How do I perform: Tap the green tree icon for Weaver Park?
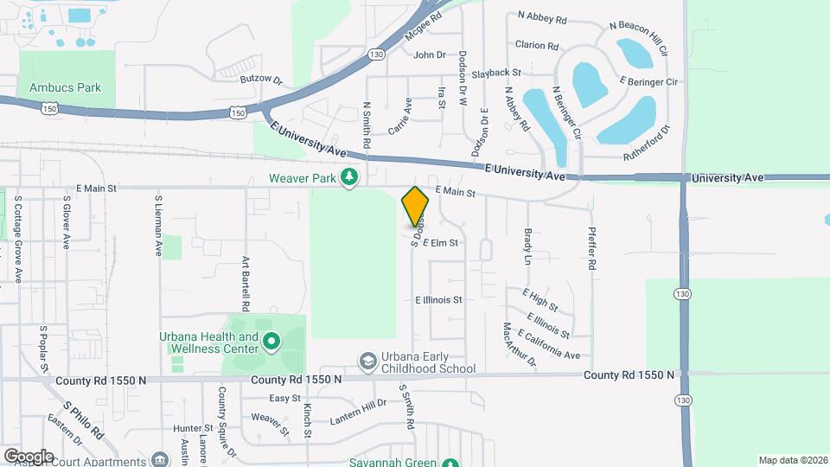pos(349,177)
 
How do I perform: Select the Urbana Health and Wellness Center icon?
pos(271,342)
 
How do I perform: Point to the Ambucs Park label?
pos(66,87)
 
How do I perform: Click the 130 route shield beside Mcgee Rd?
pos(375,54)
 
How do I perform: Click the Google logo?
pos(28,456)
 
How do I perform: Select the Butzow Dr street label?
pos(262,80)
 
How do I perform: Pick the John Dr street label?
pos(429,55)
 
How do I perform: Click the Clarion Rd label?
pos(537,45)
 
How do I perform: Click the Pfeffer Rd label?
pos(591,249)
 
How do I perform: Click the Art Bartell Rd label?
pos(246,284)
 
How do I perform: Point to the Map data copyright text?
pos(793,460)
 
